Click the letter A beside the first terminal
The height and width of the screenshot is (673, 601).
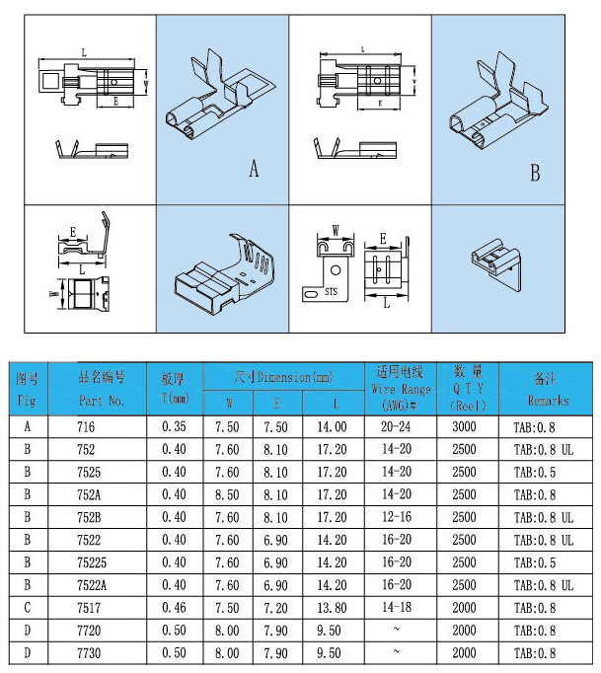coord(254,170)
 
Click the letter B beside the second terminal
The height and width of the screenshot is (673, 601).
coord(535,173)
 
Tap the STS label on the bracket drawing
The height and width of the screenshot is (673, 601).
coord(331,292)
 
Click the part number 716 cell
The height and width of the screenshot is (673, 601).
coord(88,426)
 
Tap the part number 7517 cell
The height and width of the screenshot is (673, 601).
coord(91,608)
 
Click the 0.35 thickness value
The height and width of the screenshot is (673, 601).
coord(175,426)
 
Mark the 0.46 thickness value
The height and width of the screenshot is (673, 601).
coord(175,608)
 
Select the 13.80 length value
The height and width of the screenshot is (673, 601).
coord(332,608)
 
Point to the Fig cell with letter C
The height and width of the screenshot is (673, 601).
coord(27,608)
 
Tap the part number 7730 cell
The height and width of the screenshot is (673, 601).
coord(91,653)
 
